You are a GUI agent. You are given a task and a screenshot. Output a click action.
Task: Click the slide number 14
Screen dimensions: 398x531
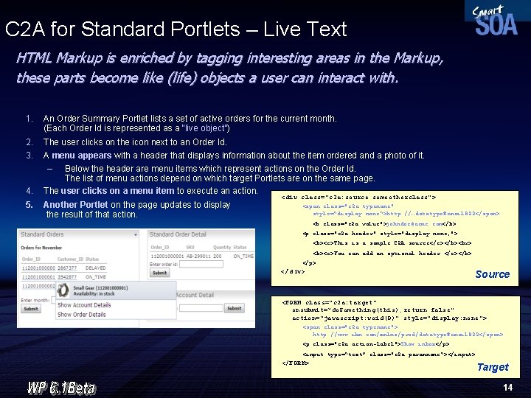507,388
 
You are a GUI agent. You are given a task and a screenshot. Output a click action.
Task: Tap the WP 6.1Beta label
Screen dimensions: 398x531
61,386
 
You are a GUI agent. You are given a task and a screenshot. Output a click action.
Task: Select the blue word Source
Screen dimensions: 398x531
492,274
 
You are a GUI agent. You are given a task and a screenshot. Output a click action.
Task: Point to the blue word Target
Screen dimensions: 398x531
493,367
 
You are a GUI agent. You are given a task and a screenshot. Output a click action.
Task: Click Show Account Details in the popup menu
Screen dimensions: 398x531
84,305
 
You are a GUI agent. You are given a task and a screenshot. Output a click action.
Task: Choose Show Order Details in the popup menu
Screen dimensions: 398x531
81,314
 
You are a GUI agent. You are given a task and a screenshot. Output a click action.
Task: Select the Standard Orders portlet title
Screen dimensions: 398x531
42,234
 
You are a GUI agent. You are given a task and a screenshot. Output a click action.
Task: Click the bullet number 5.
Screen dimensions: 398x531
29,205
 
